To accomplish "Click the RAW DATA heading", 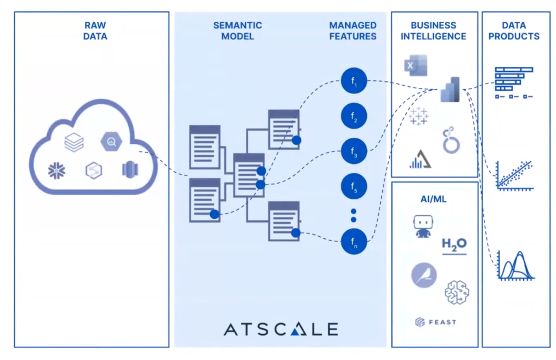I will pos(96,31).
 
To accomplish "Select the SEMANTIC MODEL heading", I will pos(237,31).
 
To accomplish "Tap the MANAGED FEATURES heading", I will pos(352,31).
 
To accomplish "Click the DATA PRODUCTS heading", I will pos(514,31).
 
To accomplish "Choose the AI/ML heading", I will pos(434,199).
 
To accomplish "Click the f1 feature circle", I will pos(354,82).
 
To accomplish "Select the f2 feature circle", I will pos(354,116).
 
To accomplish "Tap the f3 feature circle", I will pos(354,151).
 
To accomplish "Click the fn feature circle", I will pos(354,242).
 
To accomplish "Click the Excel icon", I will pos(415,65).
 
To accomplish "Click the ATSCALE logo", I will pos(281,329).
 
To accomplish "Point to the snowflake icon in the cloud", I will pos(56,170).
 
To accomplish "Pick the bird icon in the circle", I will pos(424,275).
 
